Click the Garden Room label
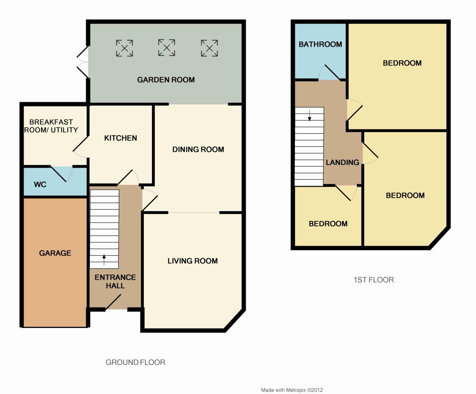[166, 80]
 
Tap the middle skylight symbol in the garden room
[167, 48]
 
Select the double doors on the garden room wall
[83, 62]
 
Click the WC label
[40, 184]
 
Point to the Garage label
[55, 253]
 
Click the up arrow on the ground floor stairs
[104, 260]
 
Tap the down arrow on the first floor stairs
[309, 116]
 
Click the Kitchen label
[120, 138]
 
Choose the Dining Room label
[198, 149]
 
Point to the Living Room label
[193, 261]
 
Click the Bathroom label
[320, 44]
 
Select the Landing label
[342, 162]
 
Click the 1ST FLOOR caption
[374, 280]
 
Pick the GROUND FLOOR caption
[136, 362]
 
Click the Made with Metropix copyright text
[292, 390]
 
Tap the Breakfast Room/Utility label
[51, 126]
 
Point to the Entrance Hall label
[115, 281]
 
